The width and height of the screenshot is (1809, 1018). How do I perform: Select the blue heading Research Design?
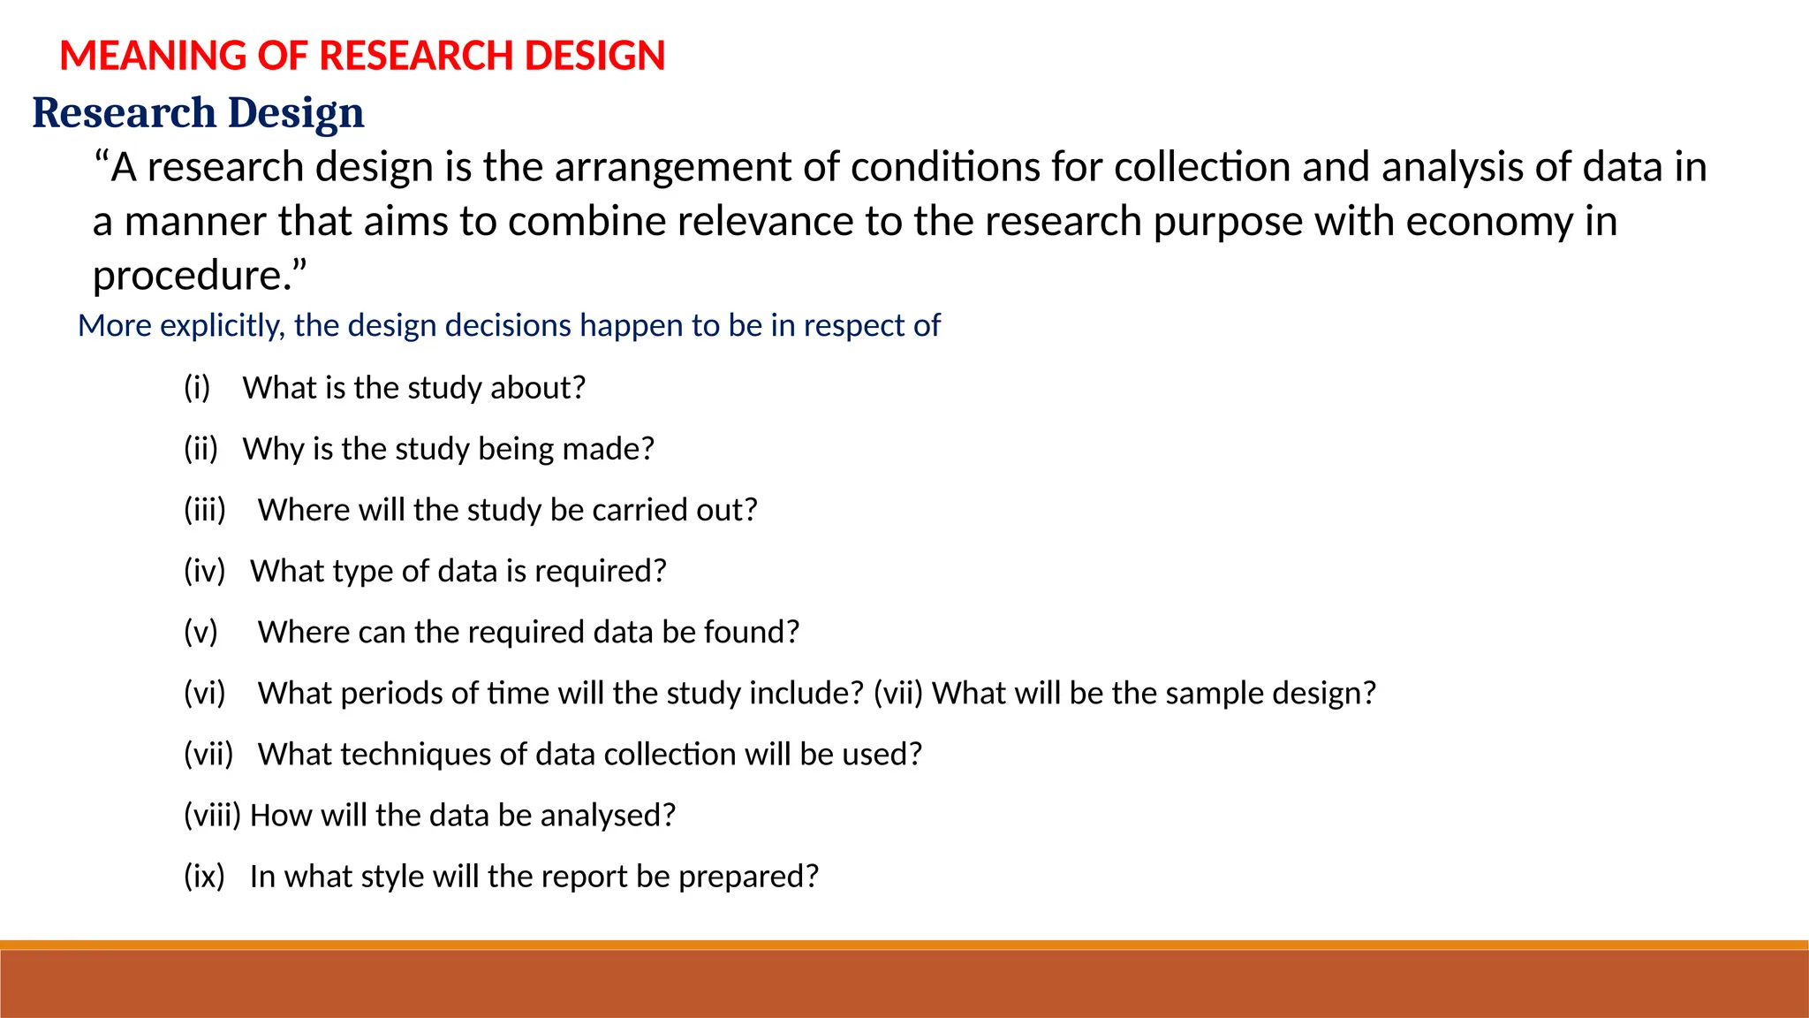(x=198, y=113)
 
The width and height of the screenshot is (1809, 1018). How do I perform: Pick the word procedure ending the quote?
(x=193, y=276)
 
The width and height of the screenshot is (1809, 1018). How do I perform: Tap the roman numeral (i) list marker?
(x=197, y=388)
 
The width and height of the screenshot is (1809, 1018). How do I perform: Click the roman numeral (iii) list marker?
(x=205, y=510)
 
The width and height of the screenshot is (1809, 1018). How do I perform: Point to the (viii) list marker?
(x=212, y=815)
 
